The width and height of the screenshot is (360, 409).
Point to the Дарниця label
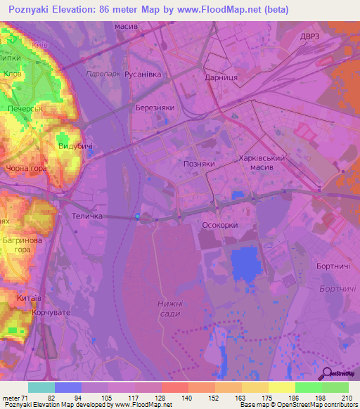[x=219, y=79]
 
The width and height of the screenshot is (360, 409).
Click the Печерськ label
[x=27, y=110]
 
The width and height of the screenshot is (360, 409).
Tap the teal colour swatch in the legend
[x=41, y=387]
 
